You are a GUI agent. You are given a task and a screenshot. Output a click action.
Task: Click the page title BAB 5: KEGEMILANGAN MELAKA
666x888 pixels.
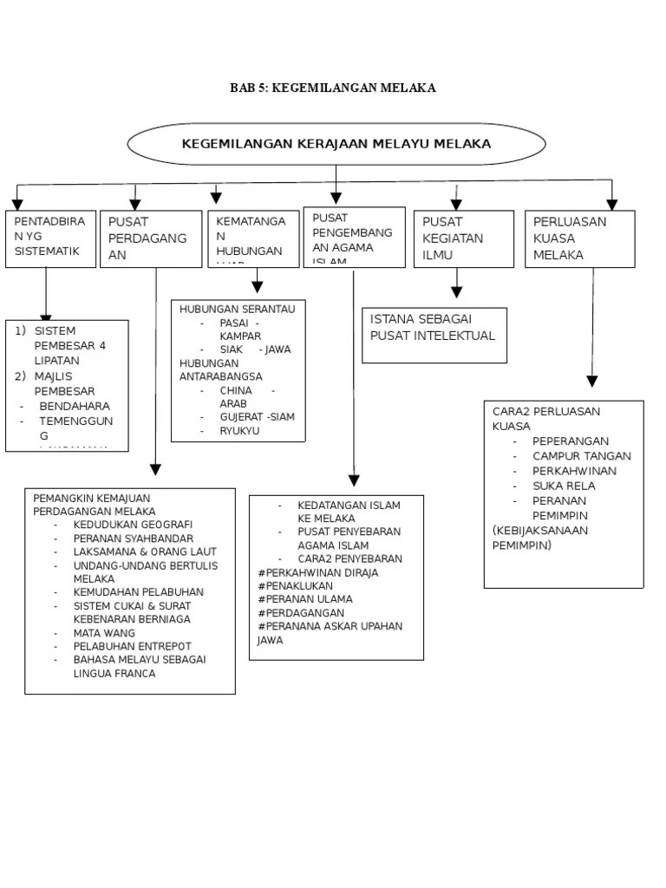click(332, 88)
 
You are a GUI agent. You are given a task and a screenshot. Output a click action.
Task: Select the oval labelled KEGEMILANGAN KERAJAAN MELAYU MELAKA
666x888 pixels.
click(336, 144)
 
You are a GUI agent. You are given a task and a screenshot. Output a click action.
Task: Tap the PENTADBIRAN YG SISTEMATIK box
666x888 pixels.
click(50, 238)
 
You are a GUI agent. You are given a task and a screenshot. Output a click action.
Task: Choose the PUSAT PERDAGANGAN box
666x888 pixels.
click(151, 238)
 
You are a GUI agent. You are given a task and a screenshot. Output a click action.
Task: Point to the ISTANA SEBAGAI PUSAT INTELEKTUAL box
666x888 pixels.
click(434, 335)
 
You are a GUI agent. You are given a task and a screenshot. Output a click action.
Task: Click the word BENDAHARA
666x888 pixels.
click(75, 406)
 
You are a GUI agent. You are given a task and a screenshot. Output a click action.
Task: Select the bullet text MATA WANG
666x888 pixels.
click(104, 633)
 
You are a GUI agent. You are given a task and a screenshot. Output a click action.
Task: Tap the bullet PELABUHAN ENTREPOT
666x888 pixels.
click(133, 646)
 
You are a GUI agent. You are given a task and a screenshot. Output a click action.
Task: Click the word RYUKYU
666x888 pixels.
click(239, 430)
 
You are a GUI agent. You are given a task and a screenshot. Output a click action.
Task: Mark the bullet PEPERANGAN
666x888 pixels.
click(571, 441)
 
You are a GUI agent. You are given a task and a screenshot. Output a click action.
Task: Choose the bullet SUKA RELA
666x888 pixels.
click(564, 486)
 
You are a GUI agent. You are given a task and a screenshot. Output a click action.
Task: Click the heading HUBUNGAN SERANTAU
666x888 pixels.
click(237, 310)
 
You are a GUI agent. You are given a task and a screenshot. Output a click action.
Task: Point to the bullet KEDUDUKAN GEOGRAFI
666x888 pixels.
click(133, 525)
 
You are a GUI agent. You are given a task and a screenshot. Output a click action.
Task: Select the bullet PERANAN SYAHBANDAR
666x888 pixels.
click(134, 539)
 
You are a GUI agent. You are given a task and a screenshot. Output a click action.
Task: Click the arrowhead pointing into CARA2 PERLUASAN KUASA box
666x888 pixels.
click(592, 381)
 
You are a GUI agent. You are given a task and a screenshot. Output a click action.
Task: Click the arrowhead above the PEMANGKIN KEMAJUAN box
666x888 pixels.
click(155, 469)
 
